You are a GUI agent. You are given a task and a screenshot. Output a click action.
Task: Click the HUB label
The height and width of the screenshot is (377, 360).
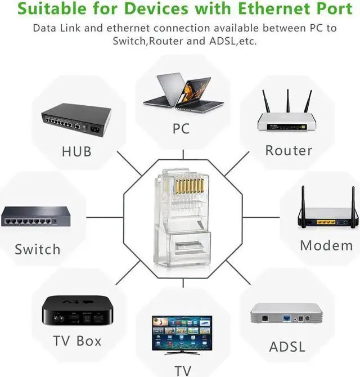tap(76, 151)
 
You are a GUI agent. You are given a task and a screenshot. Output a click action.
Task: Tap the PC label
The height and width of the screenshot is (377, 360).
tap(181, 129)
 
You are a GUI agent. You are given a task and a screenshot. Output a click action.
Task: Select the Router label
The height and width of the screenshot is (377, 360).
tap(289, 150)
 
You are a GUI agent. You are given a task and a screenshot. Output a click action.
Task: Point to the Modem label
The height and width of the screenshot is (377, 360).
tap(326, 245)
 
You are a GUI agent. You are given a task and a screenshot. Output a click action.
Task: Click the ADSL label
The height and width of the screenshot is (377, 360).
tap(287, 346)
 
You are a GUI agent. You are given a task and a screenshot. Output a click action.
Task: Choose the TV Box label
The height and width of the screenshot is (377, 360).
tap(77, 340)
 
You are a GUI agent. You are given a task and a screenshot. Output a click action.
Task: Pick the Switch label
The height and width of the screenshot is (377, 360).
tap(37, 249)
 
